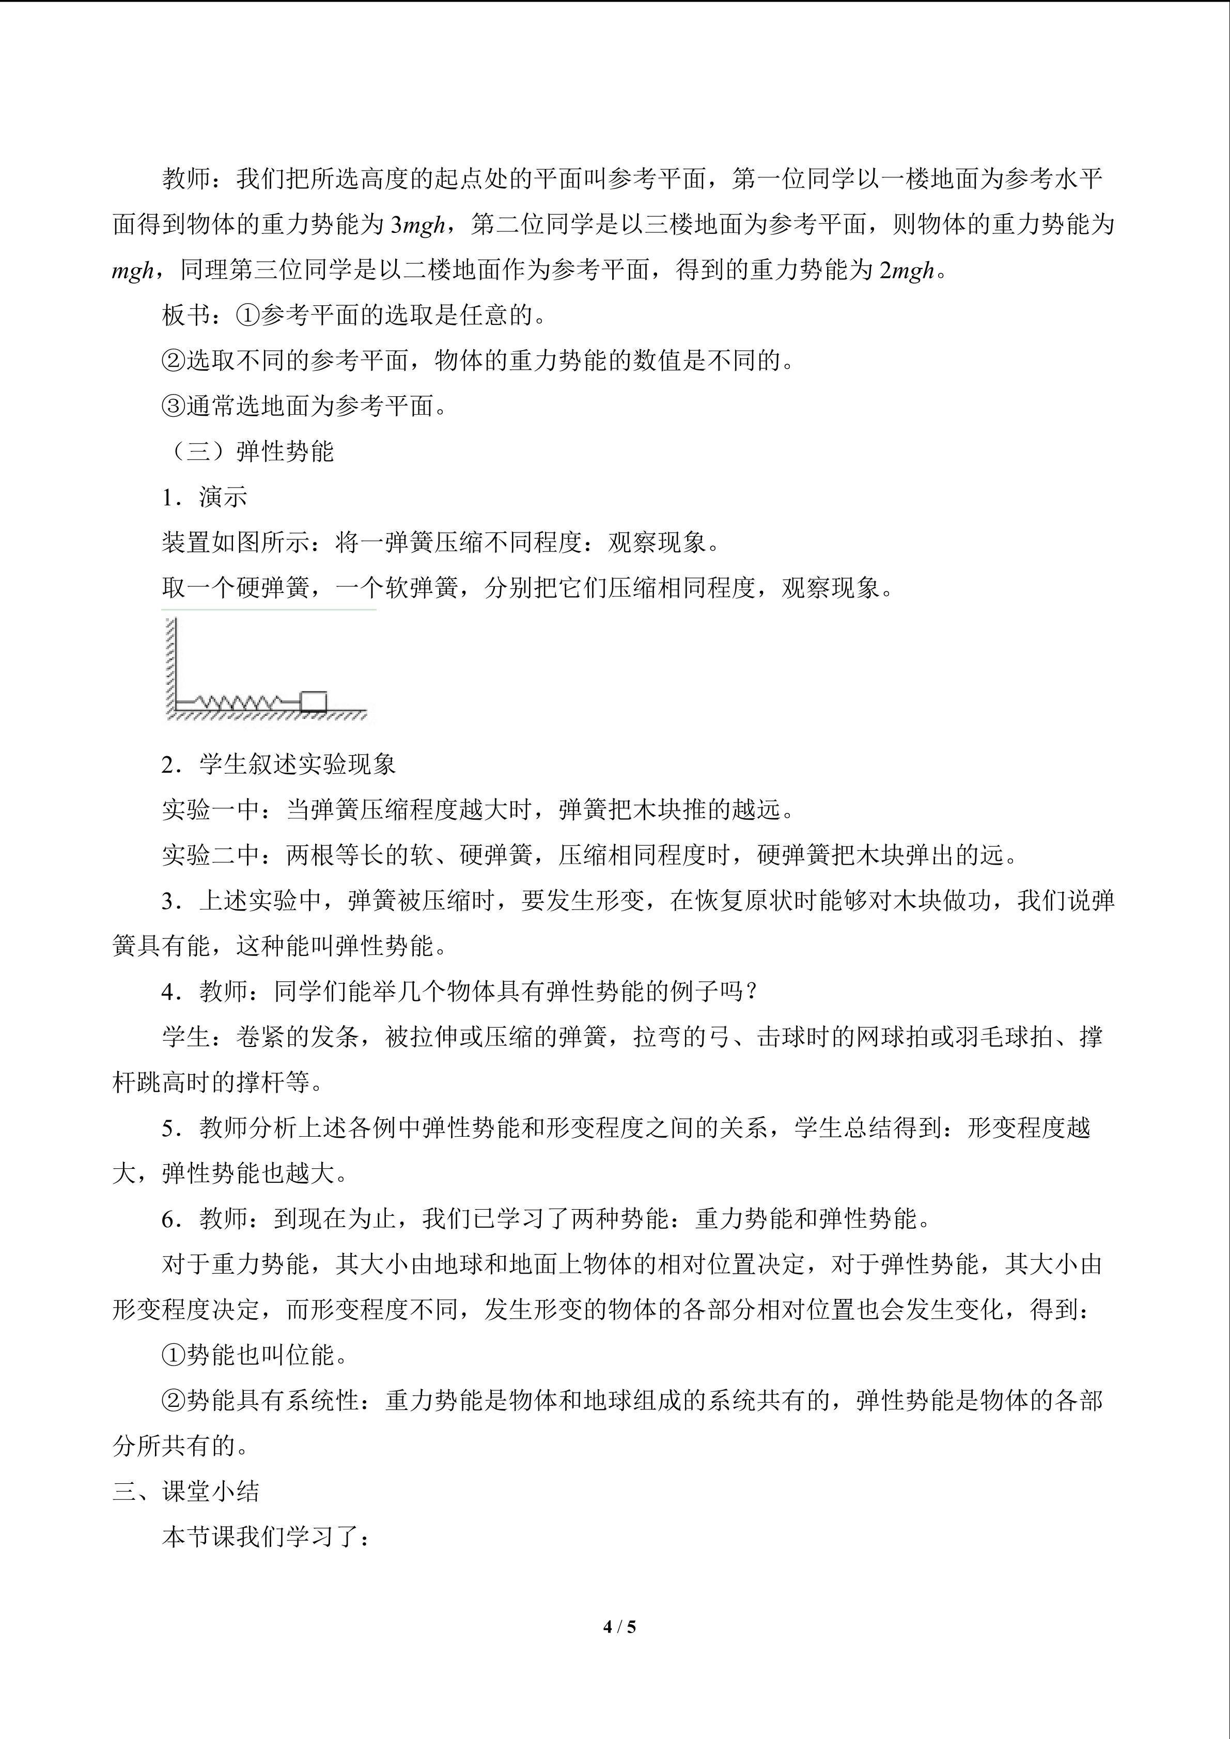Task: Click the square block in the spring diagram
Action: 314,701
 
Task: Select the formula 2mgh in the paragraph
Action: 907,271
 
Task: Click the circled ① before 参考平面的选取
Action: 248,316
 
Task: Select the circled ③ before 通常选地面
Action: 174,406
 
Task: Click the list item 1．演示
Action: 205,497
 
